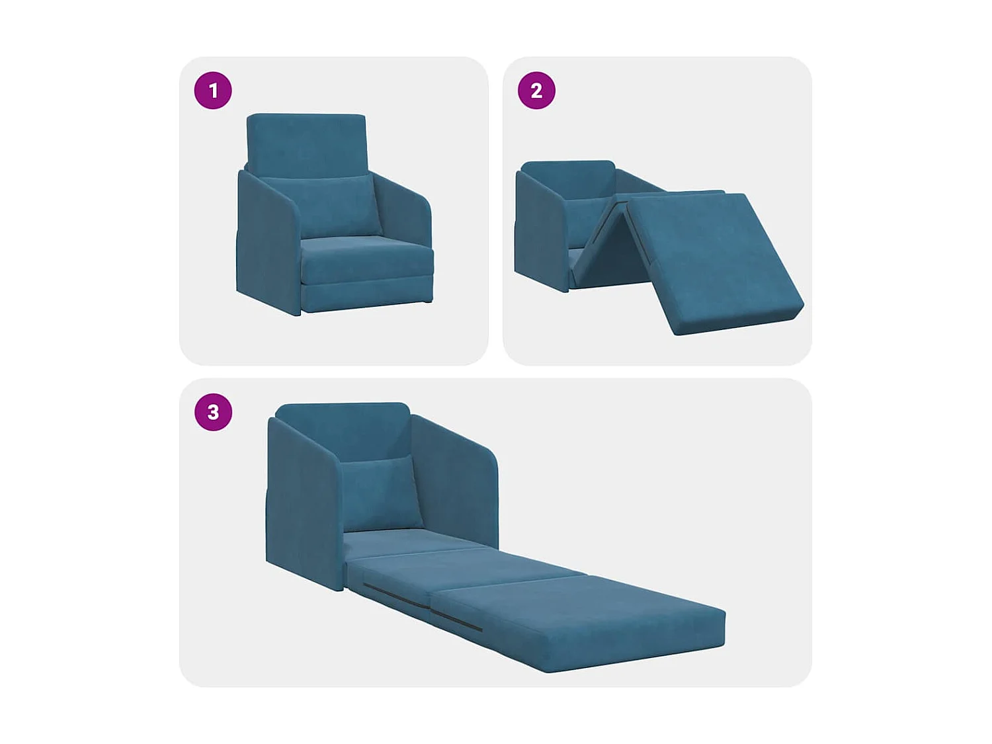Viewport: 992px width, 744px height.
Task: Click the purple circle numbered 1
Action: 213,91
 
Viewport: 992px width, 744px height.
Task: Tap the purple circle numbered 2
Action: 536,91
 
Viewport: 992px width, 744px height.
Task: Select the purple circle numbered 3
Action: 213,412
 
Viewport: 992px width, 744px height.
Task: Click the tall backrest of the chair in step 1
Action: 306,142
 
